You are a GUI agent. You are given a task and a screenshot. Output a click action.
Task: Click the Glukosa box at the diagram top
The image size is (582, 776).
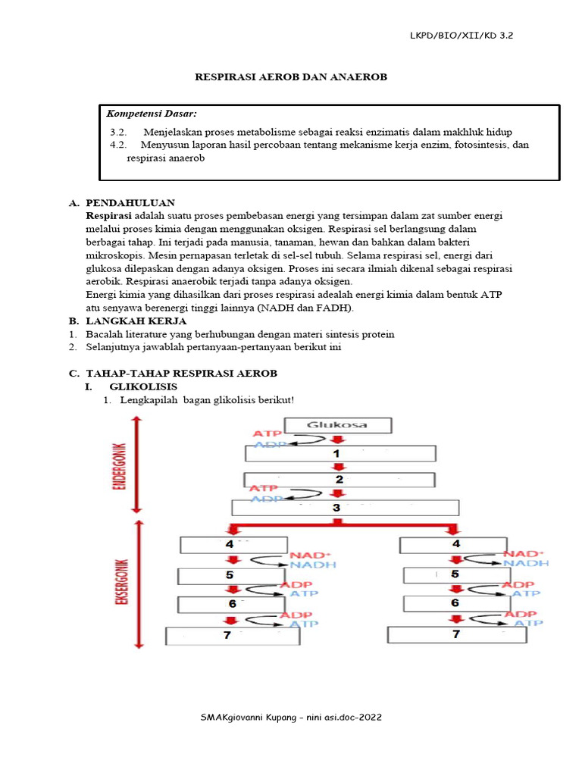(338, 425)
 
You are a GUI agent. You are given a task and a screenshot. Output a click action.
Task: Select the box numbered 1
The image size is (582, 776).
(340, 453)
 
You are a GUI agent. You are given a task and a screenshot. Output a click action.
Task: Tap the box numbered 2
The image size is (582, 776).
(339, 480)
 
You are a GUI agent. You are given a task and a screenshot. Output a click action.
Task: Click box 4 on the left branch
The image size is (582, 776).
(233, 544)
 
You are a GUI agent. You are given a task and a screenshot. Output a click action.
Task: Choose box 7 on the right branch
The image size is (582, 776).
(455, 634)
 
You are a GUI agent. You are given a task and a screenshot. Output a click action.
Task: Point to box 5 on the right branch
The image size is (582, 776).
(453, 574)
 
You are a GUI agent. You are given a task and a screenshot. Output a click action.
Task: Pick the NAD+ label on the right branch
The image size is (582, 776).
(521, 554)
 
